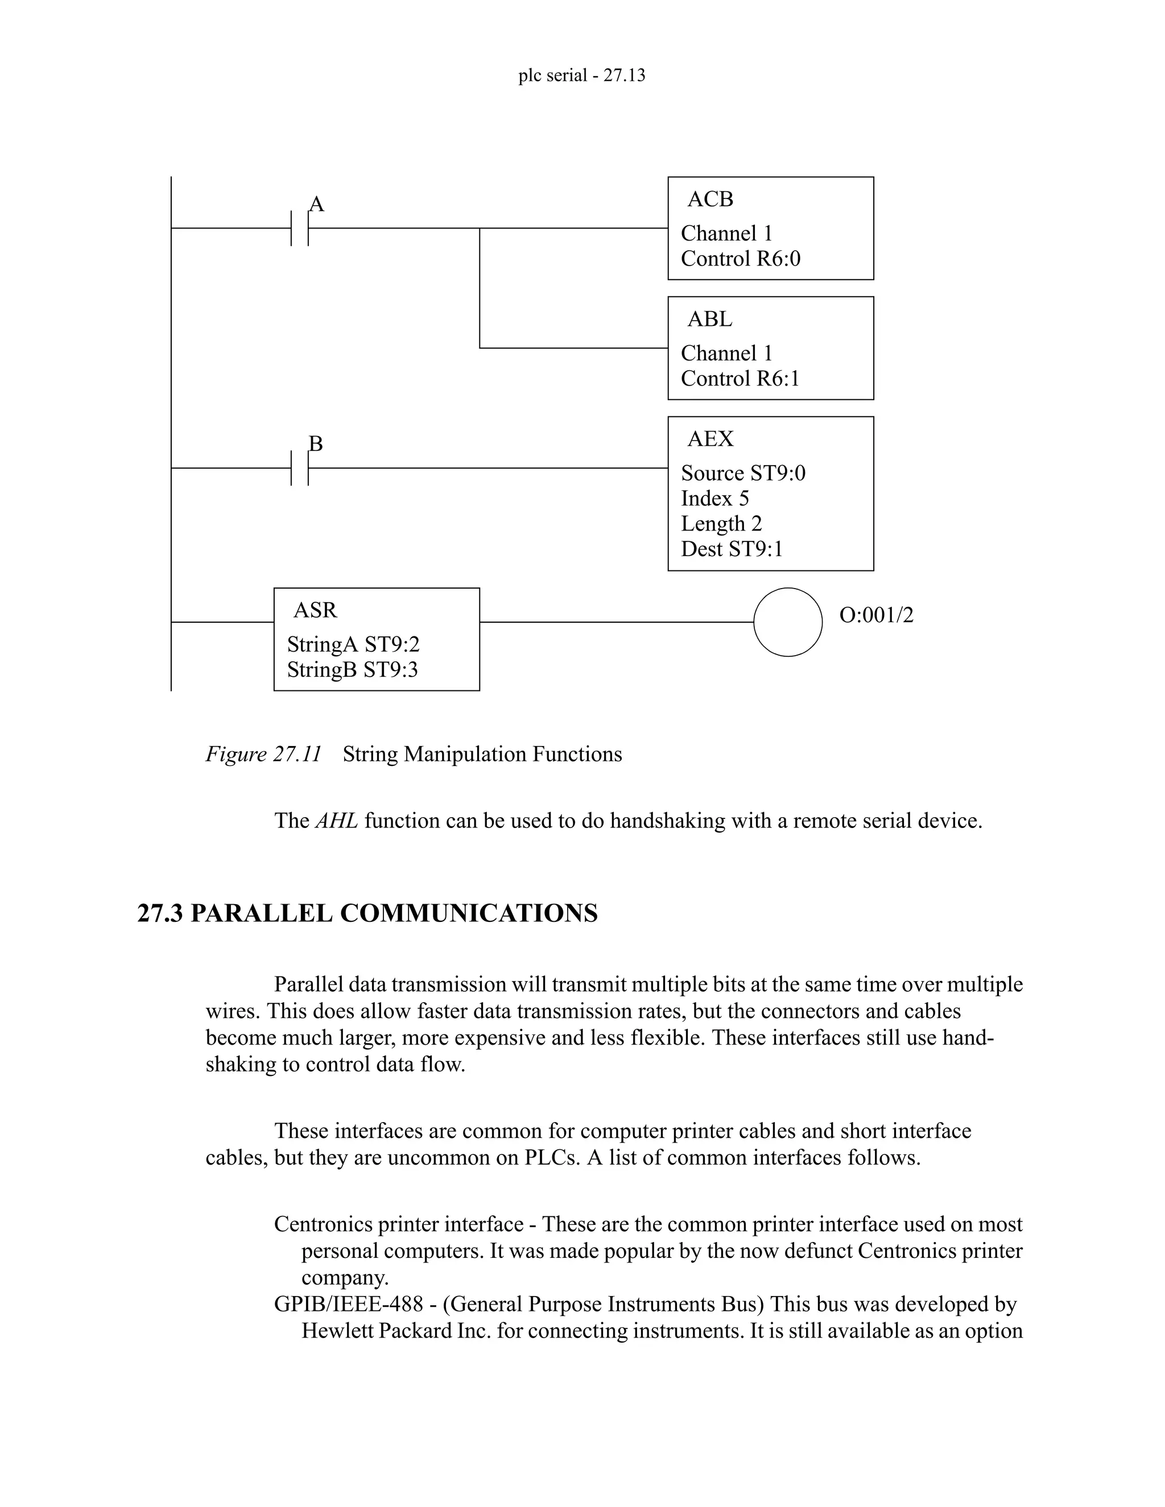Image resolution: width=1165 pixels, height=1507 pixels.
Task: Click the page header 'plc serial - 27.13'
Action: click(581, 75)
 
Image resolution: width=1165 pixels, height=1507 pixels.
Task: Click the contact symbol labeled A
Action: click(300, 227)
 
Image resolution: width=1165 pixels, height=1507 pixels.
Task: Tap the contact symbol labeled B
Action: click(300, 468)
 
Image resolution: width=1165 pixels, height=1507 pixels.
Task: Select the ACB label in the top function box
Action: click(710, 200)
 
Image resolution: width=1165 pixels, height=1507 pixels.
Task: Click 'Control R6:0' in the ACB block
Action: click(741, 259)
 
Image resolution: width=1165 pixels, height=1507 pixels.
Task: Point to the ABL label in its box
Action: click(709, 320)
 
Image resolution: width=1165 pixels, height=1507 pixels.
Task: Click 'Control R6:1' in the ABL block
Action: click(740, 379)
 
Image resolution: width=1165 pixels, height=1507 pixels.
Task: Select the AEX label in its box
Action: click(710, 439)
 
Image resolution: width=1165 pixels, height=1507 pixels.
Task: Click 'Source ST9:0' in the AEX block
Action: click(742, 473)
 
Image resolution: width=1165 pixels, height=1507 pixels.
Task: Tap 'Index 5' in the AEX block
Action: click(714, 498)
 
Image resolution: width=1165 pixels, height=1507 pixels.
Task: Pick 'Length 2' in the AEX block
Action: click(721, 524)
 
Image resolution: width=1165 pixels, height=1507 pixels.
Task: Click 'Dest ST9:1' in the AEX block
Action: click(732, 549)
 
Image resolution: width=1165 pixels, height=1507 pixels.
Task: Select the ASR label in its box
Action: click(315, 610)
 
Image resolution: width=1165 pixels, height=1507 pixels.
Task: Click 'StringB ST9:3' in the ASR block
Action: click(352, 670)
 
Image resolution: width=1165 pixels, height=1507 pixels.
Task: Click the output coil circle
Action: click(787, 622)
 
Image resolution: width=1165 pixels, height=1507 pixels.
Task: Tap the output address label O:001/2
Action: click(876, 615)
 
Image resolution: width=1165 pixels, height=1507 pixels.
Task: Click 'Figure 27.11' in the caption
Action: click(263, 754)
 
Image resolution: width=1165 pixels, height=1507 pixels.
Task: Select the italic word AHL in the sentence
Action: click(336, 821)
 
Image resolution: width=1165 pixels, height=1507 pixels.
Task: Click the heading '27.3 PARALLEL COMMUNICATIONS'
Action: click(367, 913)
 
